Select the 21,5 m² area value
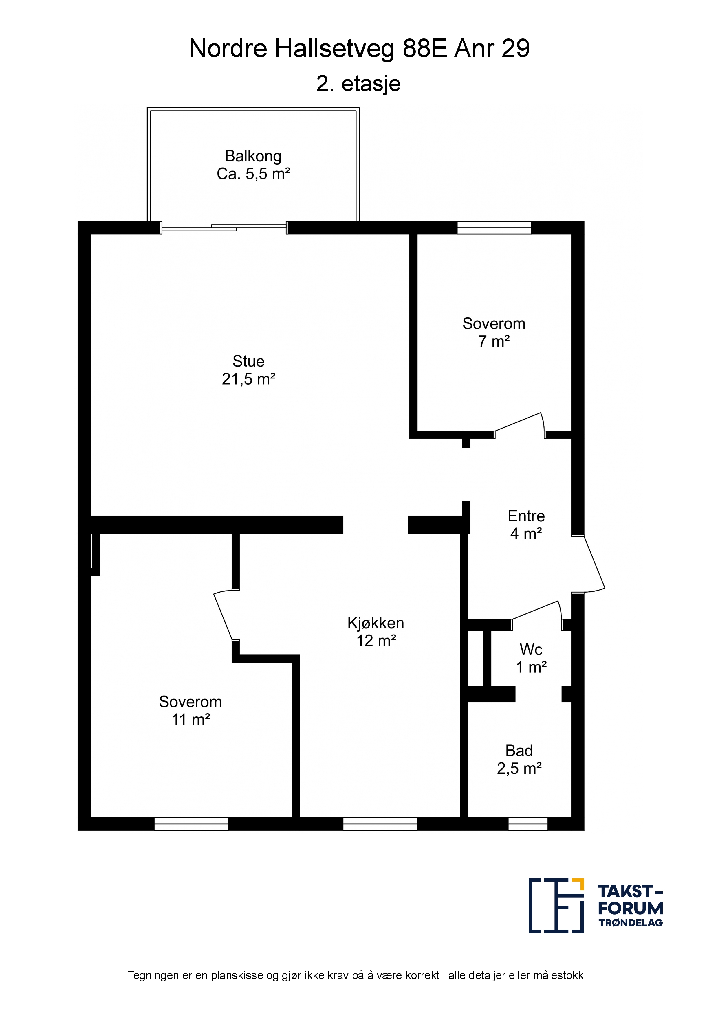tap(249, 379)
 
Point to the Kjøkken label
tap(376, 623)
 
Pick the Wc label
tap(531, 649)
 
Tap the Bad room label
tap(519, 751)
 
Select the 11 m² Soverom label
tap(190, 702)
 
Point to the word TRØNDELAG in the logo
tap(630, 923)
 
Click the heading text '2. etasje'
tap(358, 84)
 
